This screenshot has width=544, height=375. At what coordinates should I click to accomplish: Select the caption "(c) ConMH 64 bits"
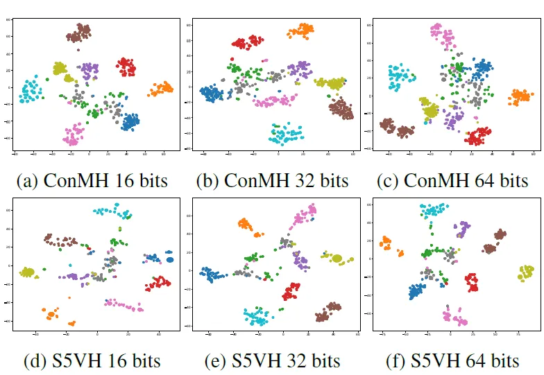click(x=452, y=182)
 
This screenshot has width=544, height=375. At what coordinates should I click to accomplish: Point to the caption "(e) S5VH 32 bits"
click(x=272, y=361)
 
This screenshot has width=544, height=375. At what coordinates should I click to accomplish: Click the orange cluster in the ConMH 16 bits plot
click(x=161, y=89)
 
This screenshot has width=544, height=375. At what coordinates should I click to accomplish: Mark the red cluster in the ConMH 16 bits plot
click(x=126, y=67)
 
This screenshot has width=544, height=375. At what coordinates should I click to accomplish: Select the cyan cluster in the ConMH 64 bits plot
click(x=400, y=76)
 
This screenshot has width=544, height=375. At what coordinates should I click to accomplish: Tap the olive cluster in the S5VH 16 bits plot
click(x=28, y=272)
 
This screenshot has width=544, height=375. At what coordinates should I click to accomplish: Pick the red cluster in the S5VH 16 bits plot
click(x=158, y=283)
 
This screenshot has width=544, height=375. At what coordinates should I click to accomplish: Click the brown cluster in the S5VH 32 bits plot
click(x=329, y=311)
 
